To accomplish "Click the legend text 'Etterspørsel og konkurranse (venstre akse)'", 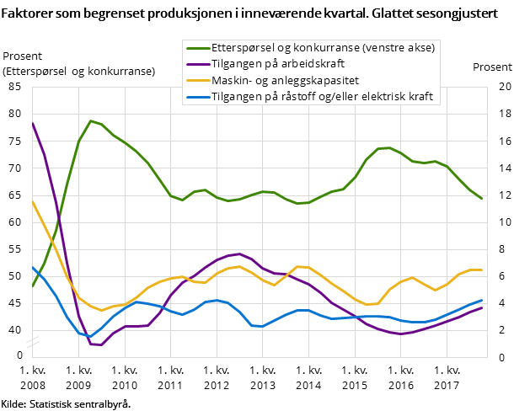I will [324, 48].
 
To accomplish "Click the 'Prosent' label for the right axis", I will [491, 67].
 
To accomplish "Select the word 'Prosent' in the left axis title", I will [23, 56].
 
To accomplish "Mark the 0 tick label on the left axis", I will [19, 355].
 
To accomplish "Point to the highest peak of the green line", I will [90, 120].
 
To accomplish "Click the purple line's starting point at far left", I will [32, 123].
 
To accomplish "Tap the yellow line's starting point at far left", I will [32, 201].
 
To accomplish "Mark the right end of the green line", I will [481, 199].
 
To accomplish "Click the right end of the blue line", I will [481, 300].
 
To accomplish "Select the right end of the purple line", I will [481, 307].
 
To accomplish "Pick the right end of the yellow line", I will [481, 270].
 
